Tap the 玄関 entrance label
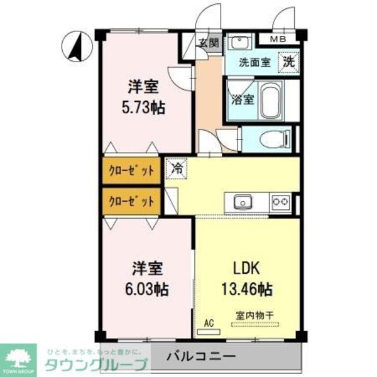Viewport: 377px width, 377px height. click(209, 43)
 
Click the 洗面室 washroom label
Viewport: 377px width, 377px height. click(254, 63)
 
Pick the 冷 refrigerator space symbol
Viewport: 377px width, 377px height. click(178, 169)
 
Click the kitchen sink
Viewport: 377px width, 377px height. click(243, 202)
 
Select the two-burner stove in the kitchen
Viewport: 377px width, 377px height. click(280, 202)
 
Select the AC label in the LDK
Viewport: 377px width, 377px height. click(209, 323)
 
